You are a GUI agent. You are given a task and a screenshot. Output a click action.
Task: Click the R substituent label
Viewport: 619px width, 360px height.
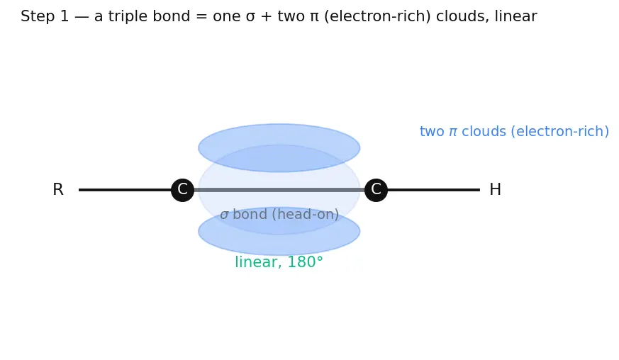(x=58, y=189)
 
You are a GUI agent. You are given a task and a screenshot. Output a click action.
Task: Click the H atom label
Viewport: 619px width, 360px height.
(x=495, y=189)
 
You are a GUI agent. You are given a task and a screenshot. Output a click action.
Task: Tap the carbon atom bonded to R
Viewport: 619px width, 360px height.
(x=182, y=190)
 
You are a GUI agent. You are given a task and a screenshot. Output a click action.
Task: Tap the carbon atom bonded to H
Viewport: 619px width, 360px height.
(x=376, y=190)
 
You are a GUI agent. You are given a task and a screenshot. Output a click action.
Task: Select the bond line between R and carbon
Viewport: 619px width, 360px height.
(x=125, y=190)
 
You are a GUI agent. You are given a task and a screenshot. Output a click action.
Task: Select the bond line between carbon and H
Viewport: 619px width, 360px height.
(x=433, y=190)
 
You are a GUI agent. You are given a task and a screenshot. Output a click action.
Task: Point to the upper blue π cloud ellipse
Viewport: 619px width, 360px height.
(x=279, y=147)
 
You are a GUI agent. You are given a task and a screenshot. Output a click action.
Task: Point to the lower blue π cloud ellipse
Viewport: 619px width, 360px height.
(x=279, y=231)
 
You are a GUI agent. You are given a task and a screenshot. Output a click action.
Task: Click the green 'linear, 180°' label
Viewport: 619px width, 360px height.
(x=279, y=262)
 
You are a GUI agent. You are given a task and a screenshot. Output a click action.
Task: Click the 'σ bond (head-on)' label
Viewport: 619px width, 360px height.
(x=279, y=214)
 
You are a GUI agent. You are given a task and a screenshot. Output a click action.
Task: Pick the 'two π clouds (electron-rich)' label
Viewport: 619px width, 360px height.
(x=514, y=131)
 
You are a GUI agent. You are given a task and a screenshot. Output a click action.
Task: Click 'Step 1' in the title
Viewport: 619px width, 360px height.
(x=45, y=16)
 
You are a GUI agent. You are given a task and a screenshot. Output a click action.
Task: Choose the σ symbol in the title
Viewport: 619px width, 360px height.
(x=250, y=18)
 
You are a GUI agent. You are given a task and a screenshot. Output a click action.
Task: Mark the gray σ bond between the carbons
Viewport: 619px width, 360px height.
(x=279, y=190)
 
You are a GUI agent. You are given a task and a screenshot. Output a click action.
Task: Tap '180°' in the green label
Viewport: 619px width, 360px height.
(x=305, y=262)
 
